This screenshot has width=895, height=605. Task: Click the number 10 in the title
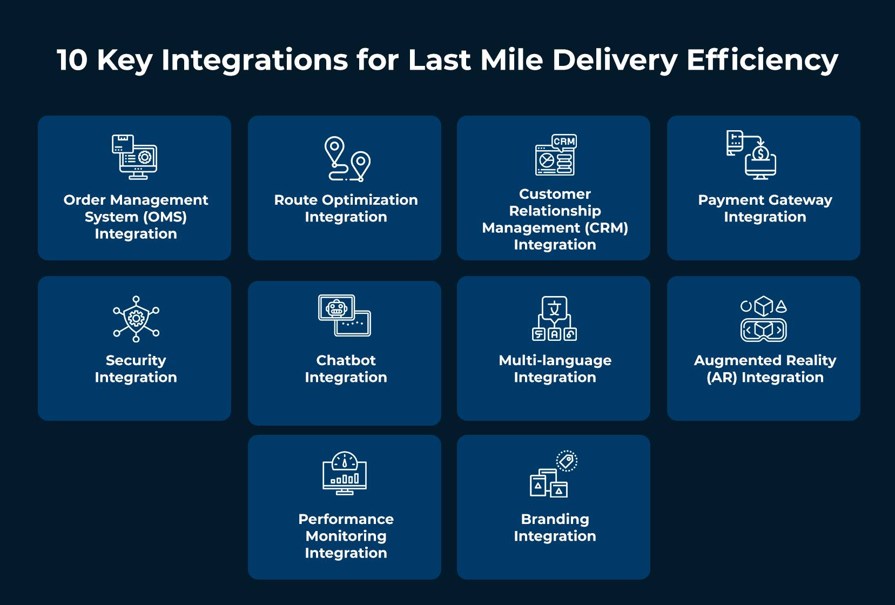click(72, 60)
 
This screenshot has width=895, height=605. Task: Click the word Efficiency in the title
click(762, 60)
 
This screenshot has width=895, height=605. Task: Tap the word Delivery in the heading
click(614, 60)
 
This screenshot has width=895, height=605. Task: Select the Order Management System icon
click(134, 157)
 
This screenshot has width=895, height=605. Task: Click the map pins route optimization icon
click(347, 158)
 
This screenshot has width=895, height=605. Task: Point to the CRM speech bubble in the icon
click(564, 142)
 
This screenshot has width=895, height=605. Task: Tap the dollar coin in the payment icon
click(761, 154)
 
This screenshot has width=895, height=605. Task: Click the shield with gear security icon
click(136, 318)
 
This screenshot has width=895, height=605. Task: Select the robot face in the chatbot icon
click(337, 308)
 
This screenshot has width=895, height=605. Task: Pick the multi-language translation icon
click(554, 318)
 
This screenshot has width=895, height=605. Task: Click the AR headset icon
click(763, 330)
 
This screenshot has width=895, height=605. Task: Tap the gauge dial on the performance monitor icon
click(345, 461)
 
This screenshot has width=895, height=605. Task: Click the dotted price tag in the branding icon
click(567, 461)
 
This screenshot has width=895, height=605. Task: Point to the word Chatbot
click(346, 360)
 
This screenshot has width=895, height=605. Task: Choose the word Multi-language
click(555, 360)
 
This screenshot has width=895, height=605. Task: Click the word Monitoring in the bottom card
click(346, 536)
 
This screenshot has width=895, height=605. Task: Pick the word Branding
click(555, 519)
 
